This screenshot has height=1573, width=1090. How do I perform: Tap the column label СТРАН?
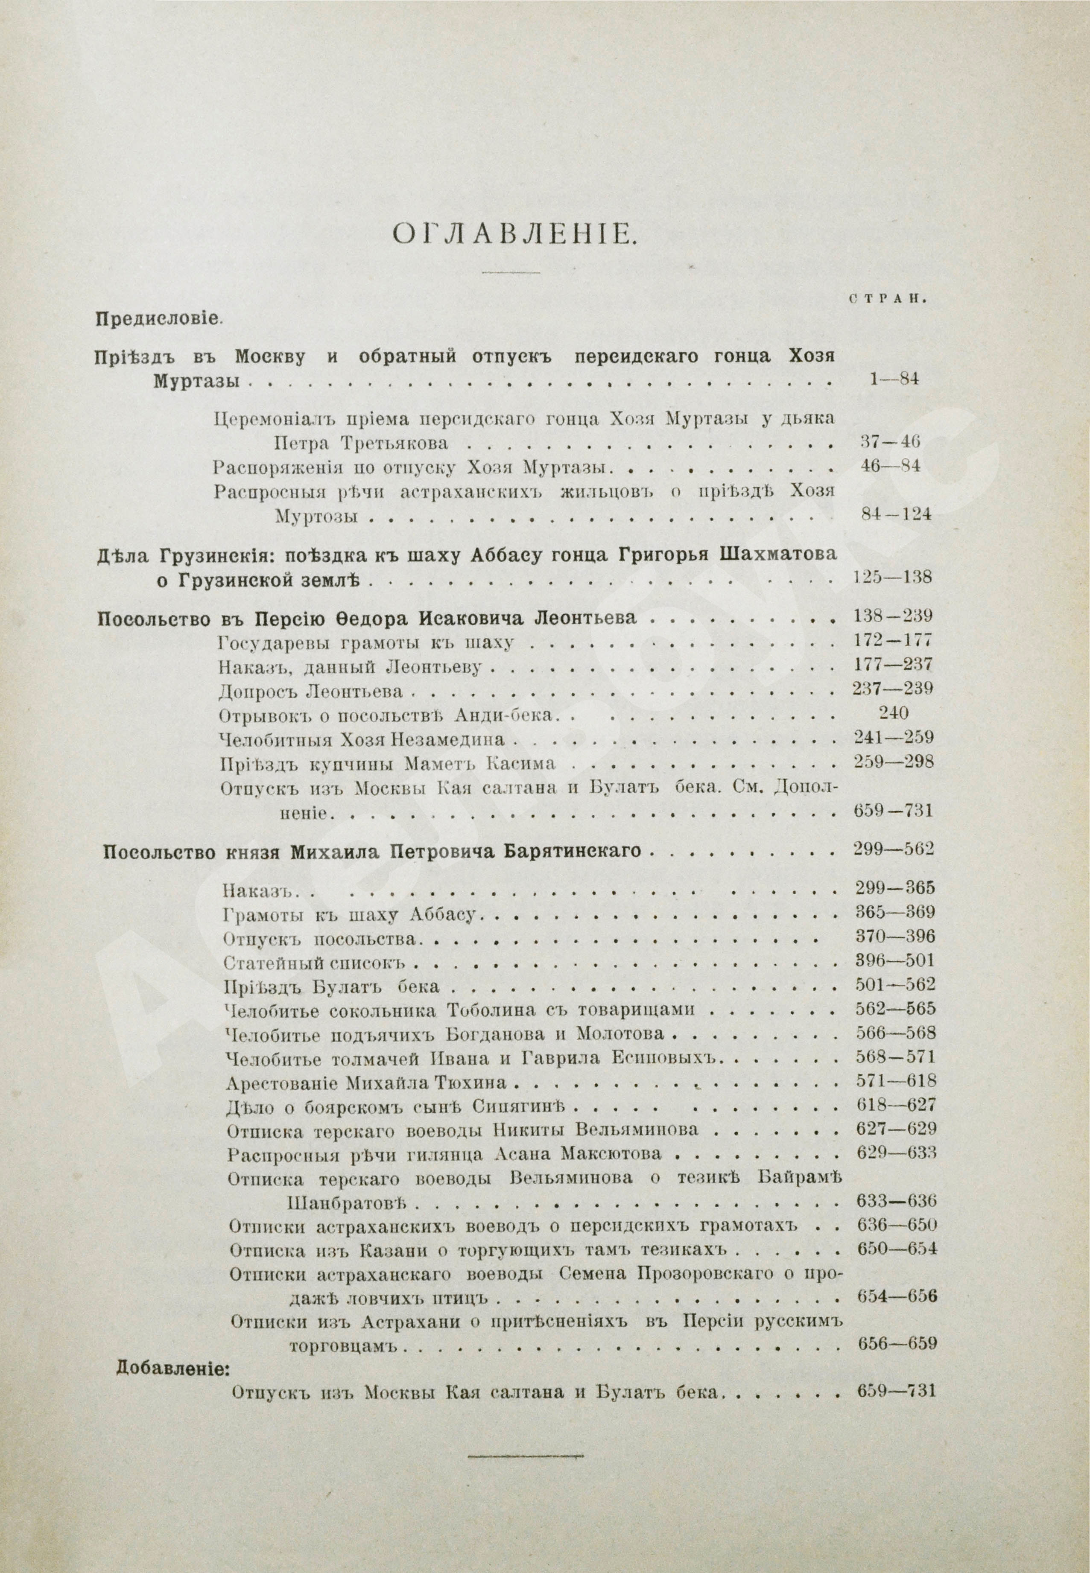click(886, 298)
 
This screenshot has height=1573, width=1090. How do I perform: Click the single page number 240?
click(894, 713)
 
